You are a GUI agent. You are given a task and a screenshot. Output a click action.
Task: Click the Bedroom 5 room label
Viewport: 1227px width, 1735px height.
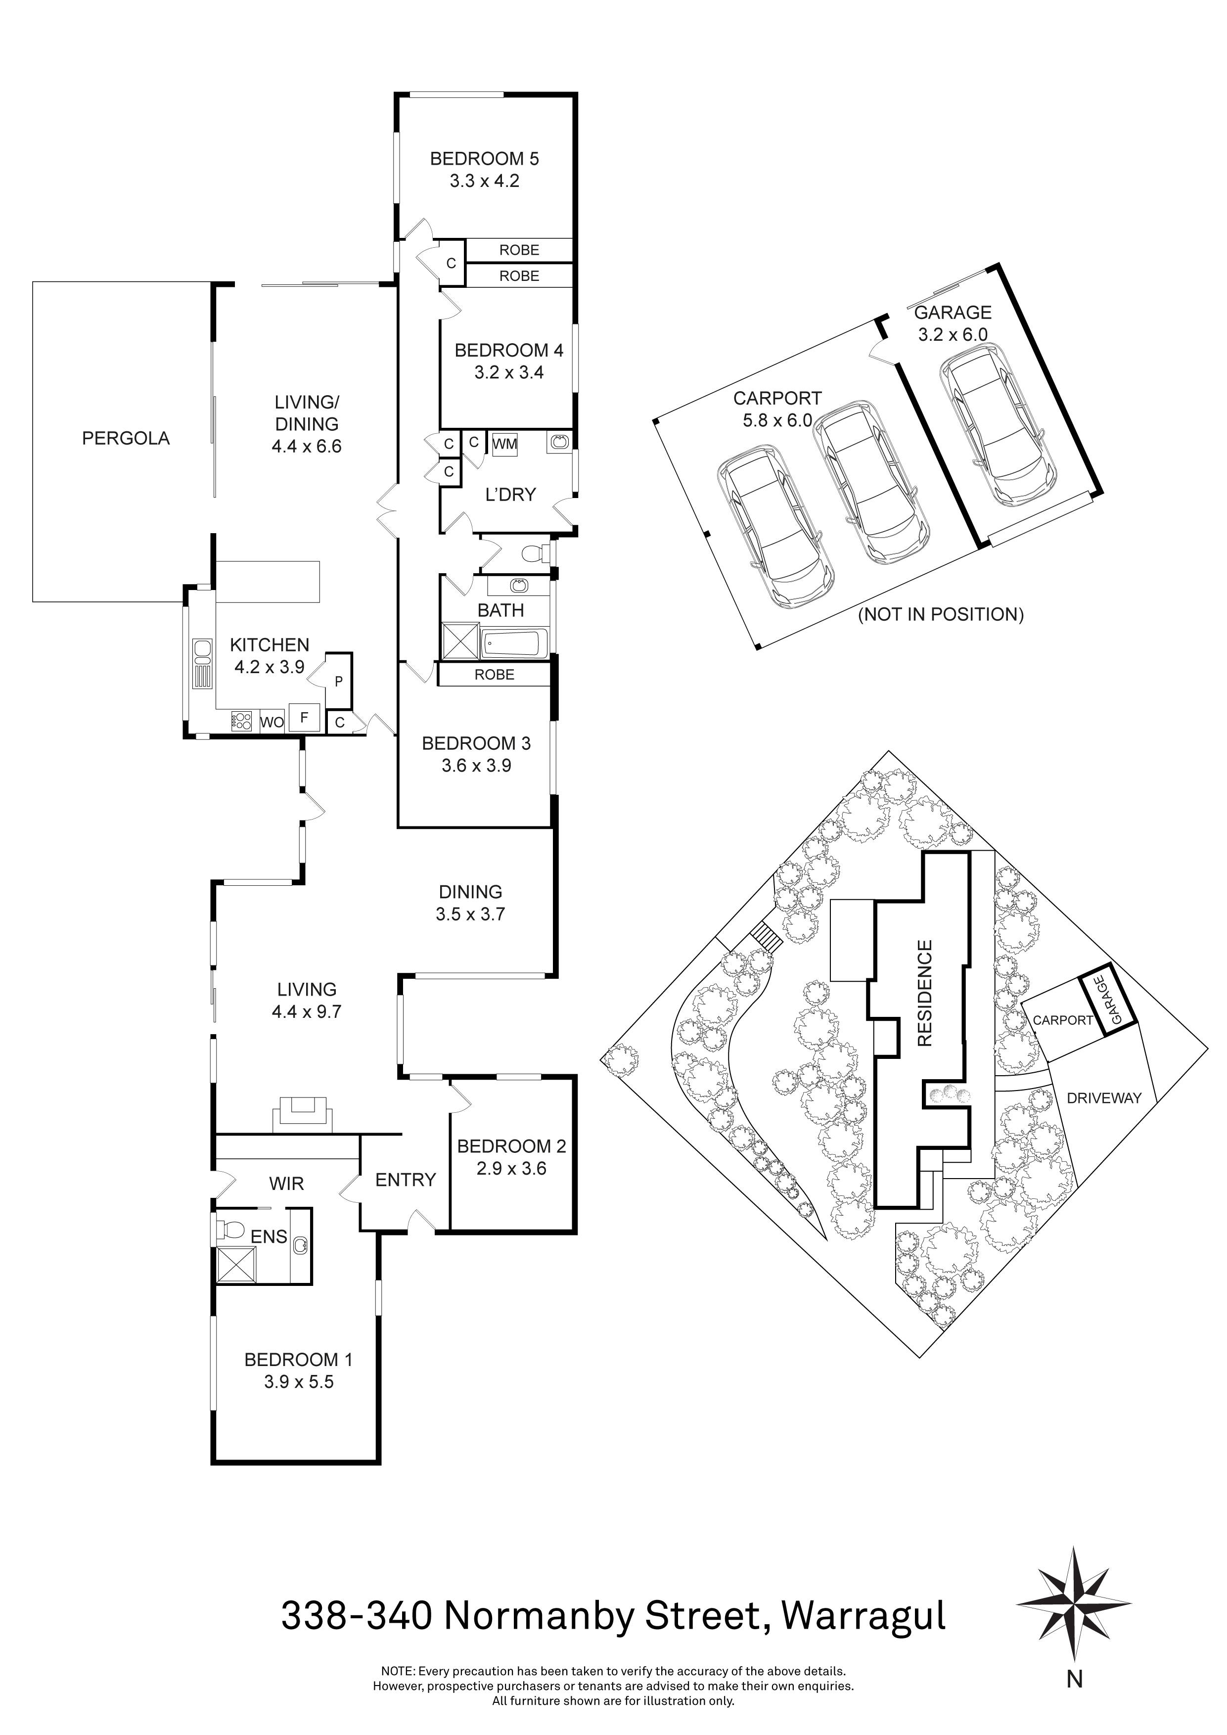(484, 159)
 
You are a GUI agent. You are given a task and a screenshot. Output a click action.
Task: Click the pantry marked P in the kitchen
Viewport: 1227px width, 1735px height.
(338, 681)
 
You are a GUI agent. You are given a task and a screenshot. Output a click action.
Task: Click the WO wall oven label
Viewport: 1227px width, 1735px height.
(272, 722)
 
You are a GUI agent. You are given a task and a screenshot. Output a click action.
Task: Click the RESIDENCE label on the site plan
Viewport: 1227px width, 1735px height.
(925, 993)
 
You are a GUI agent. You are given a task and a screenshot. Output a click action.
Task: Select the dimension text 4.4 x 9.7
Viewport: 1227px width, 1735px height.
(307, 1011)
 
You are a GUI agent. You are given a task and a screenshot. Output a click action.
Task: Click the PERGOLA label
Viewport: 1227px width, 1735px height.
(126, 438)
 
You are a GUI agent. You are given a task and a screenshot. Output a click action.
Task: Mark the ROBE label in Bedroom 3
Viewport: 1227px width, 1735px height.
(494, 675)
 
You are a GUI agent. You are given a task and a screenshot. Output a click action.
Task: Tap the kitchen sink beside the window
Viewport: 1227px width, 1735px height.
(202, 651)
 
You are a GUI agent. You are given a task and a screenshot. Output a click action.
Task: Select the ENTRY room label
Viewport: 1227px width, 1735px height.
(406, 1180)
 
